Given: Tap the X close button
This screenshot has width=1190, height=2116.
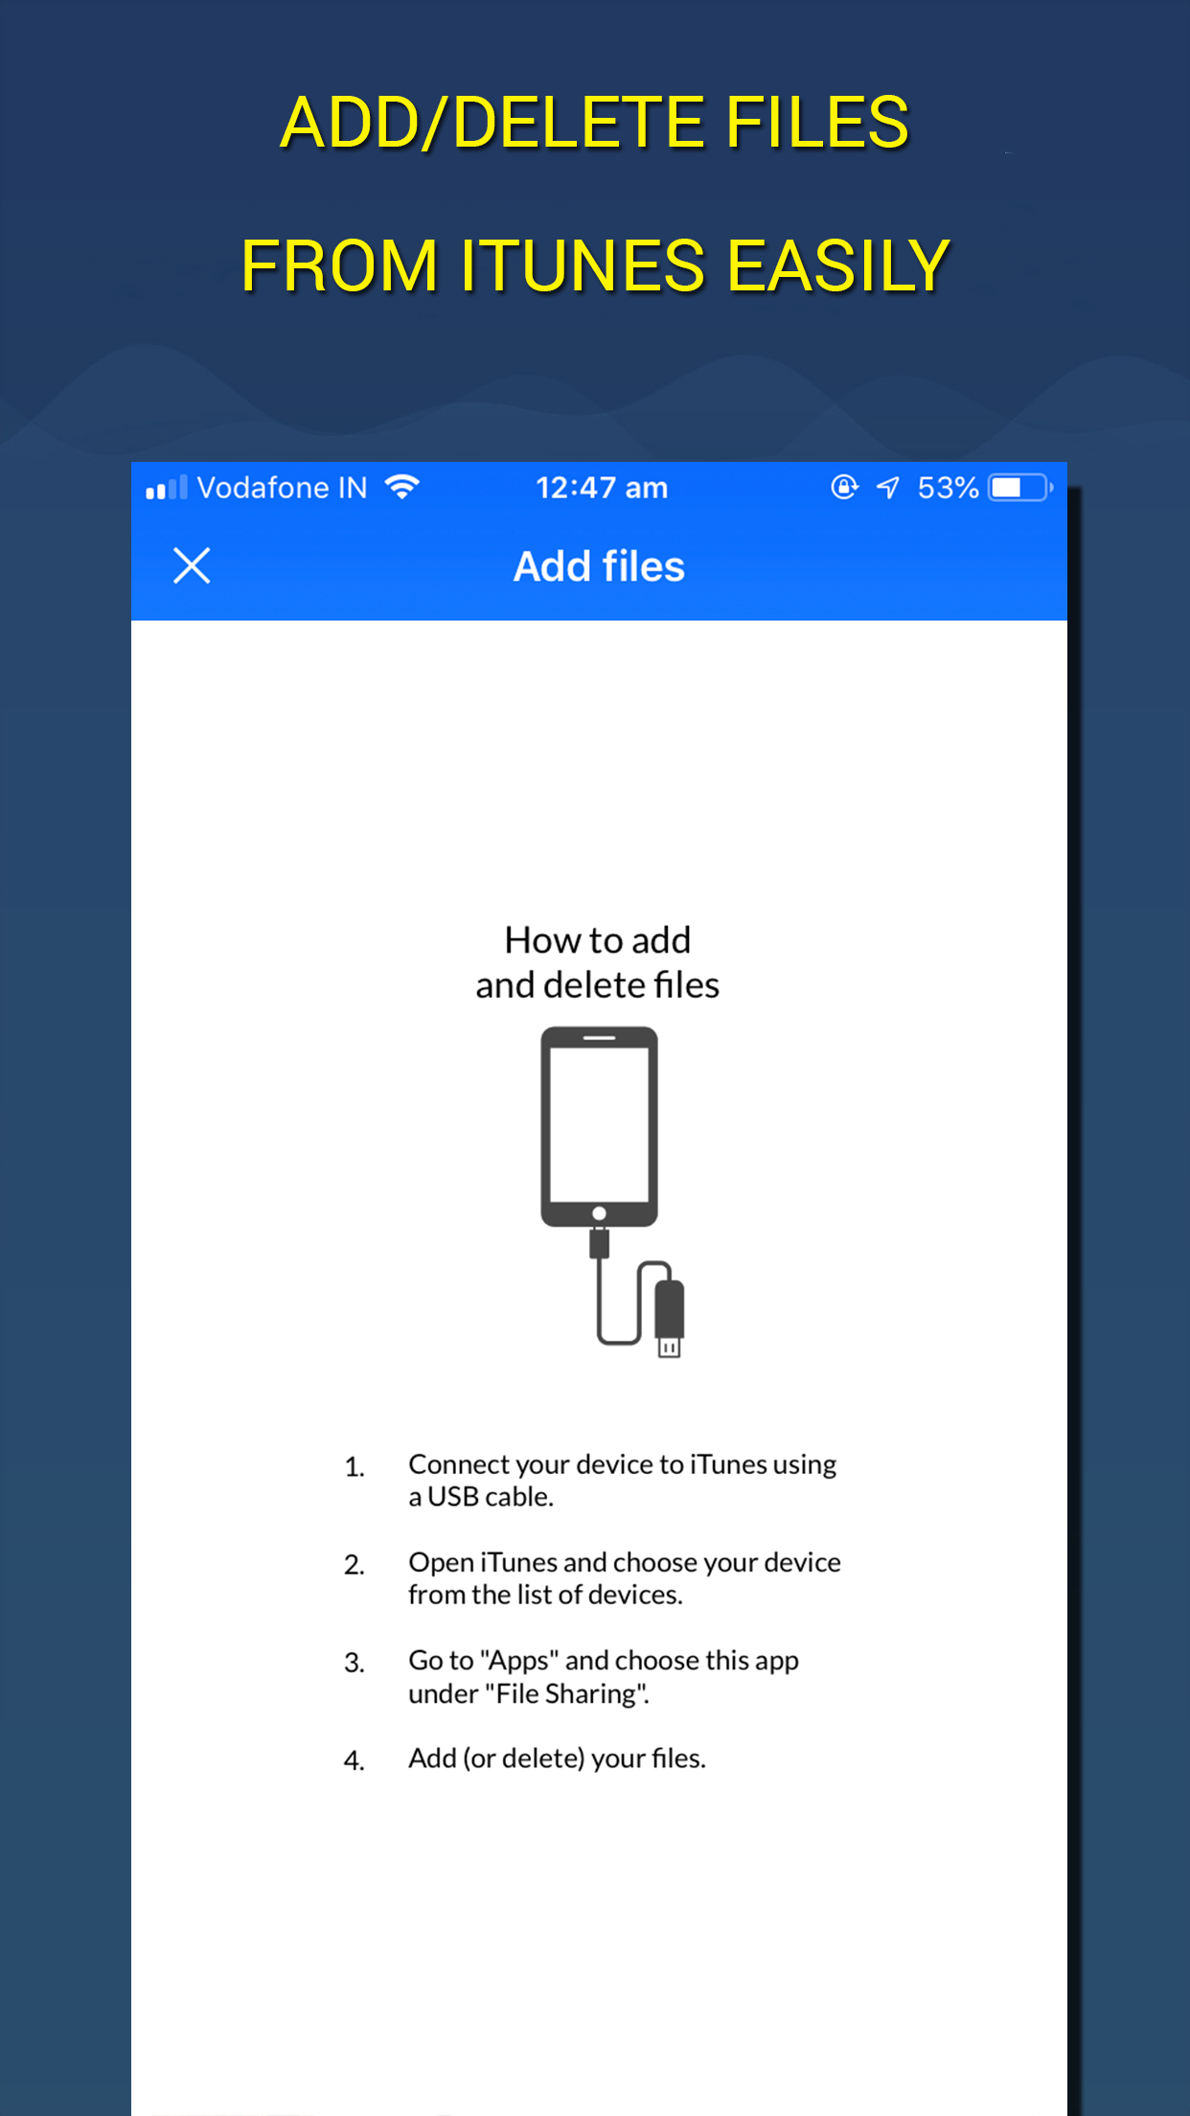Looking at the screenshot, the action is coord(192,565).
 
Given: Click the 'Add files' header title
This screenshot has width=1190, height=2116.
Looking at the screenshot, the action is coord(599,566).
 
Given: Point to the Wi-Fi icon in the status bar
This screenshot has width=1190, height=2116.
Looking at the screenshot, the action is coord(402,487).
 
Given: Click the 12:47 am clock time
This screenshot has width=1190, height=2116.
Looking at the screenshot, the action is coord(601,488).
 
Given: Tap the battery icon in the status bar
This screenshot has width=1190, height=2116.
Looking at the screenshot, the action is coord(1021,488).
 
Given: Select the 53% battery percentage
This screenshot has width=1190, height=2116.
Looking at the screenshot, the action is coord(948,488).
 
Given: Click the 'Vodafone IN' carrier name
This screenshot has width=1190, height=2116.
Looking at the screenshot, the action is coord(282,488).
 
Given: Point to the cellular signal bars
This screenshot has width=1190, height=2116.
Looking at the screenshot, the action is coord(166,488).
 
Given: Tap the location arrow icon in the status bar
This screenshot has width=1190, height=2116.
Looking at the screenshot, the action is coord(888,488).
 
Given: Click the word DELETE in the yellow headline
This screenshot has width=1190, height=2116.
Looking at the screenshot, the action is coord(579,123).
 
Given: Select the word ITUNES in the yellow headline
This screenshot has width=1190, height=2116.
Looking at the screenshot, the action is coord(583,265).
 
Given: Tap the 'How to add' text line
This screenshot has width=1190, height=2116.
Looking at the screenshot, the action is coord(598,940).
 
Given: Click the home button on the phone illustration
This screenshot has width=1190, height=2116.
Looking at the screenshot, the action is coord(599,1213).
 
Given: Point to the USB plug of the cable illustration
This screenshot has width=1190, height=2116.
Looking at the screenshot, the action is coord(669,1318).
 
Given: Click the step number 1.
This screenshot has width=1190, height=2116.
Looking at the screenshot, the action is coord(355,1467).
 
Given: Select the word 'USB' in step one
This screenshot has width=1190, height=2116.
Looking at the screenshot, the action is coord(452,1497).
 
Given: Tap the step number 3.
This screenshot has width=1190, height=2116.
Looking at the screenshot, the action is coord(355,1663).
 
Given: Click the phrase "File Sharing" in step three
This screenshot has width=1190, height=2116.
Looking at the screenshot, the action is coord(567,1693).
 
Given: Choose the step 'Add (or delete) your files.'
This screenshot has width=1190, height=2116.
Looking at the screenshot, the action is coord(557,1759).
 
